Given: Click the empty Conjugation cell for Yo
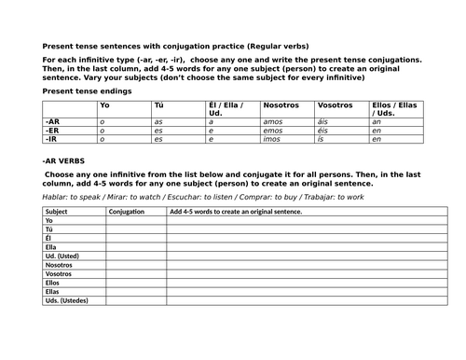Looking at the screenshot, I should pos(135,221).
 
